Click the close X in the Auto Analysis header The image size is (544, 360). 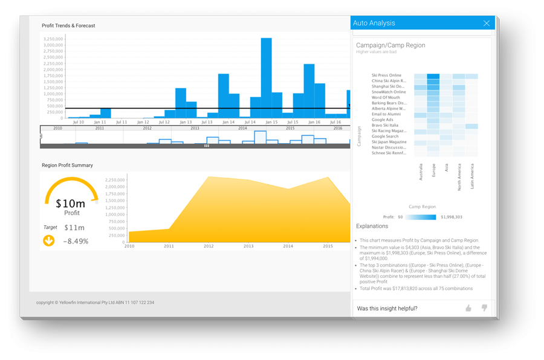(486, 24)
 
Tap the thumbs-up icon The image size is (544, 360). (468, 308)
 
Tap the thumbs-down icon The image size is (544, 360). (484, 308)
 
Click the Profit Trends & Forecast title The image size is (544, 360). (68, 26)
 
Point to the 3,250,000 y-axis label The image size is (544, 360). (53, 38)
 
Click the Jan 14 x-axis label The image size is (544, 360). (228, 122)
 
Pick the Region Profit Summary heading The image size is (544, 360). (67, 166)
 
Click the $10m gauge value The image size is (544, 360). (72, 204)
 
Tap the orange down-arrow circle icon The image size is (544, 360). (49, 241)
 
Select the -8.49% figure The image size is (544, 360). (76, 241)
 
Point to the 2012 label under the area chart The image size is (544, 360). (209, 246)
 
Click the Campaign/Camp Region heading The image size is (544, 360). (390, 45)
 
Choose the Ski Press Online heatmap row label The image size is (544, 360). (386, 76)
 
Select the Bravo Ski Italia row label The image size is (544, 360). (385, 126)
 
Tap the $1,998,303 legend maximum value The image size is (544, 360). (452, 217)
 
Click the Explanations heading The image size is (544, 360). (372, 227)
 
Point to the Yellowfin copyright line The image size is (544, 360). (95, 303)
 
